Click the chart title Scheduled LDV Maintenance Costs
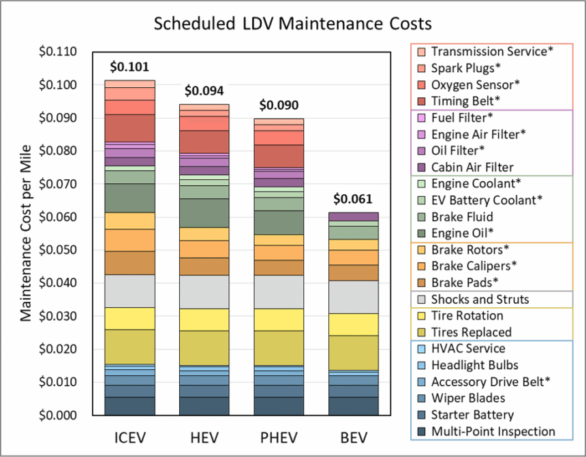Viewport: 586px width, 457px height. [292, 23]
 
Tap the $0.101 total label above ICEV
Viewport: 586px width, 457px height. [129, 67]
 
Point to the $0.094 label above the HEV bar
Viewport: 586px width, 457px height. [204, 91]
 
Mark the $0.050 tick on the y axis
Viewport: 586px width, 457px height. [59, 250]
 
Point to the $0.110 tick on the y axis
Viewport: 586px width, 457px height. [59, 52]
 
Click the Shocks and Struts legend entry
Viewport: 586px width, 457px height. [480, 299]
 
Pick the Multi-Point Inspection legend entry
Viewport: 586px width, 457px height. [493, 431]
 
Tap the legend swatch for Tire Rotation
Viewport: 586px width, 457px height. [420, 316]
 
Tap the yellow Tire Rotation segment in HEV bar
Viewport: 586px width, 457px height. [204, 319]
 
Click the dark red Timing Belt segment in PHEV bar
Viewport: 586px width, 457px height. [278, 155]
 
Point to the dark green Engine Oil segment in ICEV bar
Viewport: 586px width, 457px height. [129, 198]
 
